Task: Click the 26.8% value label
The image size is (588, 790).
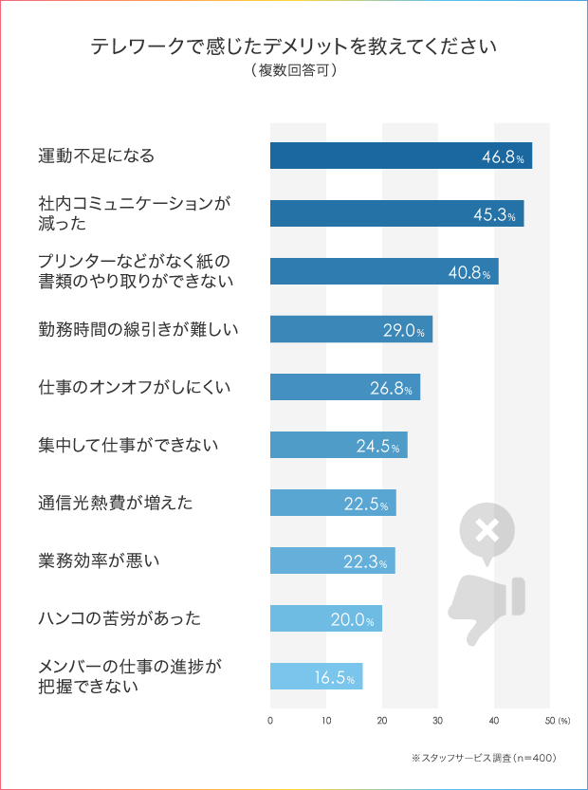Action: (x=392, y=387)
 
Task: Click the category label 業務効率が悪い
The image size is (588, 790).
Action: (x=99, y=560)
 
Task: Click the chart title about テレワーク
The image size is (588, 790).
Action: (x=294, y=46)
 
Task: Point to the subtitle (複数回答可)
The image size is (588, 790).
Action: (x=294, y=70)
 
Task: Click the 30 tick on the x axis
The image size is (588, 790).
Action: (x=438, y=722)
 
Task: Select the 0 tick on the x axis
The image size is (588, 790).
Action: (x=270, y=722)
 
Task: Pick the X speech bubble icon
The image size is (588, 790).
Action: (x=487, y=531)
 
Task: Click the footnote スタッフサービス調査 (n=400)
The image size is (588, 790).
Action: (x=484, y=758)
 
